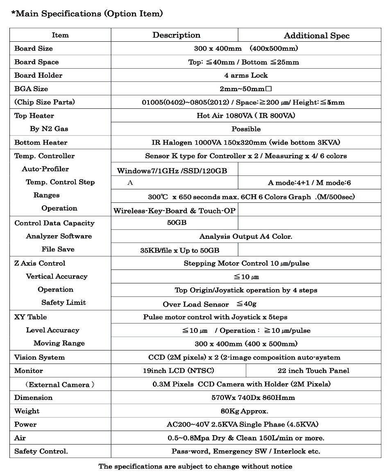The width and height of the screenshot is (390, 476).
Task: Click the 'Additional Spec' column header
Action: coord(316,35)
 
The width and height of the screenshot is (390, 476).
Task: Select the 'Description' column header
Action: coord(176,35)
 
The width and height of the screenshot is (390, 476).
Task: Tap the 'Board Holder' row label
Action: coord(38,75)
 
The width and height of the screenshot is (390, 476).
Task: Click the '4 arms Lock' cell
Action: coord(246,75)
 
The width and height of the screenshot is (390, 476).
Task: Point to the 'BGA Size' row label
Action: coord(31,89)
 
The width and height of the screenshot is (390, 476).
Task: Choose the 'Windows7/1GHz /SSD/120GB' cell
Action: coord(172,171)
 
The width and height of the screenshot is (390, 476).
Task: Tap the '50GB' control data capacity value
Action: coord(177,223)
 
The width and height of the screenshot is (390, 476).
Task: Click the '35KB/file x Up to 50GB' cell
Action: coord(179,250)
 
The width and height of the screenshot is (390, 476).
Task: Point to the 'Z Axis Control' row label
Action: coord(39,263)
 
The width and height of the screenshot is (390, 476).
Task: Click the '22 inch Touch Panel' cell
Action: coord(313,370)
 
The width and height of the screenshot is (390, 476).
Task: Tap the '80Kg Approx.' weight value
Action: coord(244,411)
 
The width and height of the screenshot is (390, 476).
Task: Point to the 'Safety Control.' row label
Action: coord(41,451)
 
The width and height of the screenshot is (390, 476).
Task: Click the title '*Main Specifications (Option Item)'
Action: coord(87,13)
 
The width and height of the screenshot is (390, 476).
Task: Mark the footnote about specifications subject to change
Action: coord(195,466)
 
